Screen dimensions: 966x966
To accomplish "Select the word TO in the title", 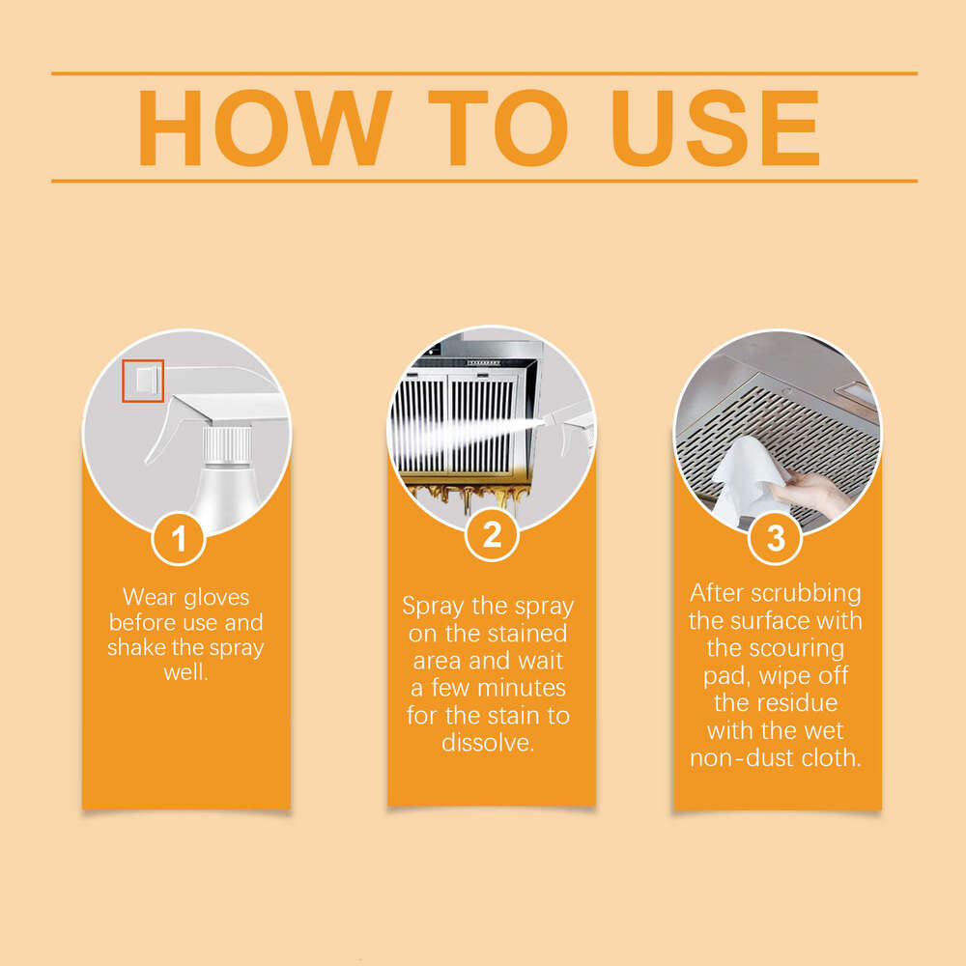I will [499, 128].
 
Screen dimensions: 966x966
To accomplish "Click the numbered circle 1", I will [180, 539].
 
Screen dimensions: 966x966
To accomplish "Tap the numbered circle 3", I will [777, 539].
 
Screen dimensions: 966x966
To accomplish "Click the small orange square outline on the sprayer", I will [143, 381].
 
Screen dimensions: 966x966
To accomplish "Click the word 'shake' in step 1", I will [136, 647].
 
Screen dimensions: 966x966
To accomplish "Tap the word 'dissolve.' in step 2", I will [488, 742].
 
